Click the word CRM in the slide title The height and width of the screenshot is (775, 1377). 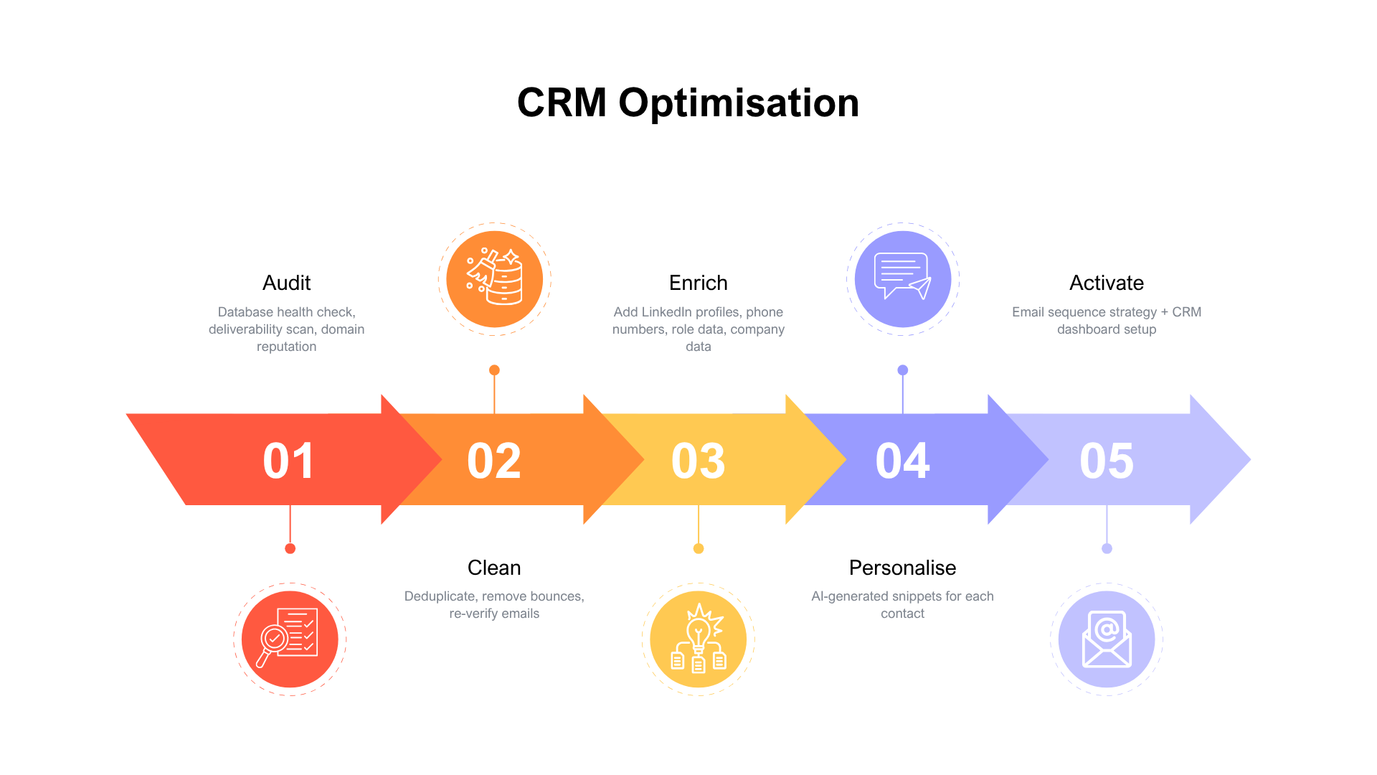tap(562, 103)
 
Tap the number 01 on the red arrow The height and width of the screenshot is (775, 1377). tap(288, 461)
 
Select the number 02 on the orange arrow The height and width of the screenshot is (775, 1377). tap(493, 461)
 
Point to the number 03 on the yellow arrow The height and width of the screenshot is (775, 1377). tap(698, 461)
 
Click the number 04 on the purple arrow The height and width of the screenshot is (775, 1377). tap(902, 461)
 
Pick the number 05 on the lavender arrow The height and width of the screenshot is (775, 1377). tap(1107, 461)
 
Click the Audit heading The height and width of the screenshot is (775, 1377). tap(286, 283)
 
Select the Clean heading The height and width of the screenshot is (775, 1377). tap(494, 568)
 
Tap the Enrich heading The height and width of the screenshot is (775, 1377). tap(698, 283)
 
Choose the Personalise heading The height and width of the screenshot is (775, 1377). tap(902, 568)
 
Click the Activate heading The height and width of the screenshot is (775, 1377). tap(1107, 283)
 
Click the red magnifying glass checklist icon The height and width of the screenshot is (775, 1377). tap(290, 639)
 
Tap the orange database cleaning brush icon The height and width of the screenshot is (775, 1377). tap(494, 278)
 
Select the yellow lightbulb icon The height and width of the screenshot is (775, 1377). tap(698, 639)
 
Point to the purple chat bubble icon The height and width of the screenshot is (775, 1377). tap(902, 278)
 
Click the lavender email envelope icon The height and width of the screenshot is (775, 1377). tap(1107, 639)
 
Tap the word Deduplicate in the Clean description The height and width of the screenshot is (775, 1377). tap(438, 596)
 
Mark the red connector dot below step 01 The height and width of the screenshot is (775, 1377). tap(290, 548)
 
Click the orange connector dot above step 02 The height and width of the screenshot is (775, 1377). tap(494, 370)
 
